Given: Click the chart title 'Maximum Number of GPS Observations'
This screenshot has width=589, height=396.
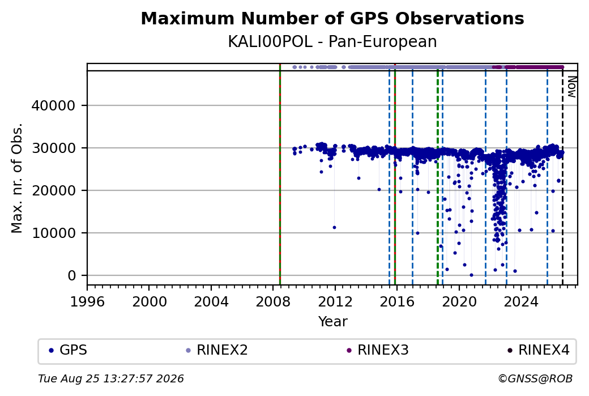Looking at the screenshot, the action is coord(332,18).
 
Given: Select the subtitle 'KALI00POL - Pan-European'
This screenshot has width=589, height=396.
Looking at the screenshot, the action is coord(332,41).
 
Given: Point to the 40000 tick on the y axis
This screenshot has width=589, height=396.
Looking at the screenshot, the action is coord(53,105).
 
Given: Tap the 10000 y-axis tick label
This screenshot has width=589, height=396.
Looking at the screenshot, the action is coord(53,233).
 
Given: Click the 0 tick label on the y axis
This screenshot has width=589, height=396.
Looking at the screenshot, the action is coord(72,275).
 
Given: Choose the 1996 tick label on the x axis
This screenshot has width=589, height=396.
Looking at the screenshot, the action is coord(87,301).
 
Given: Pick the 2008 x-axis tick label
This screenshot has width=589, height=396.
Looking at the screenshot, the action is coord(273,301).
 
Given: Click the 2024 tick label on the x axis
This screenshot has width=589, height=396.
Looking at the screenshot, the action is coord(521,301).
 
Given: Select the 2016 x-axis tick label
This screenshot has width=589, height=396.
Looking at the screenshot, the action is coord(397,301).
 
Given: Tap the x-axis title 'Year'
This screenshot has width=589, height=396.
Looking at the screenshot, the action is coord(333,322).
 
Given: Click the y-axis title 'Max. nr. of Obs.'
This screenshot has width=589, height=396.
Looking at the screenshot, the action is coord(17,178).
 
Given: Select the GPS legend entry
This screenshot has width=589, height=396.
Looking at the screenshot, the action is coord(68,350).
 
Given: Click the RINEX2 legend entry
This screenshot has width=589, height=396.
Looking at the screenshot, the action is coord(217,350).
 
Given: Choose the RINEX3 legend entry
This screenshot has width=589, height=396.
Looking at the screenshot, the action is coord(378,350).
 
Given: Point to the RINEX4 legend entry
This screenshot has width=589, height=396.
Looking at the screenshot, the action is coord(538,350).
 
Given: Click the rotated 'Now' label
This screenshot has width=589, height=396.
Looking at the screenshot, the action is coord(571,87).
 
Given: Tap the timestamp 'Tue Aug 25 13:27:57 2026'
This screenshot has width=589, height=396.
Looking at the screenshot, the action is coord(111,378).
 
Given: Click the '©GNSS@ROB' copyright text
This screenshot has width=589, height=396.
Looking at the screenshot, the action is coord(535,378).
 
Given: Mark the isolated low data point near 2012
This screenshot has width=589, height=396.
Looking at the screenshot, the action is coord(334,227).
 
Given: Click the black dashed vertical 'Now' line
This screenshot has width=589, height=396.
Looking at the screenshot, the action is coord(562,178).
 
